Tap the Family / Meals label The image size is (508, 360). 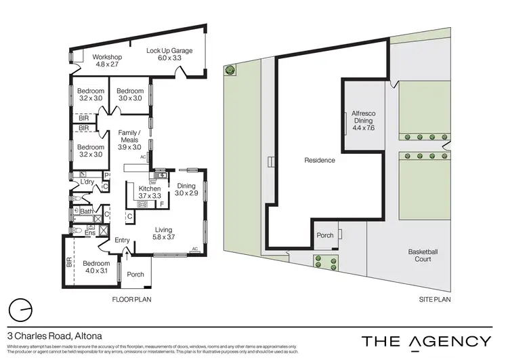click(x=129, y=137)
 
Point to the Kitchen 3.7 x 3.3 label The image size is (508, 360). click(x=150, y=192)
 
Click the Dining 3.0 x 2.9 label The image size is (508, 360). click(x=186, y=190)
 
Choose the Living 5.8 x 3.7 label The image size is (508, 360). click(x=165, y=234)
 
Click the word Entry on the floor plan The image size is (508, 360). click(x=123, y=240)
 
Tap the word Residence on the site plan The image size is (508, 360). click(x=319, y=161)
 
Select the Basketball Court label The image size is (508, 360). click(x=423, y=256)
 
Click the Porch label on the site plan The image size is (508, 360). click(x=325, y=236)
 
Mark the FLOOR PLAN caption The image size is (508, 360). click(x=131, y=299)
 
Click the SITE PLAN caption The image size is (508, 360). click(x=435, y=299)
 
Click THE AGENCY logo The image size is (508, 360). click(x=426, y=340)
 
